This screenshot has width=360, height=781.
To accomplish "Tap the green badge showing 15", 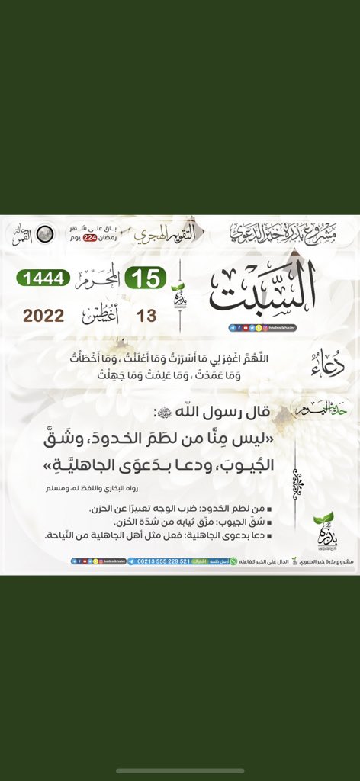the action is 146,278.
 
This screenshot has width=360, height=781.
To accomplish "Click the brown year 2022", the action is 43,316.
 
